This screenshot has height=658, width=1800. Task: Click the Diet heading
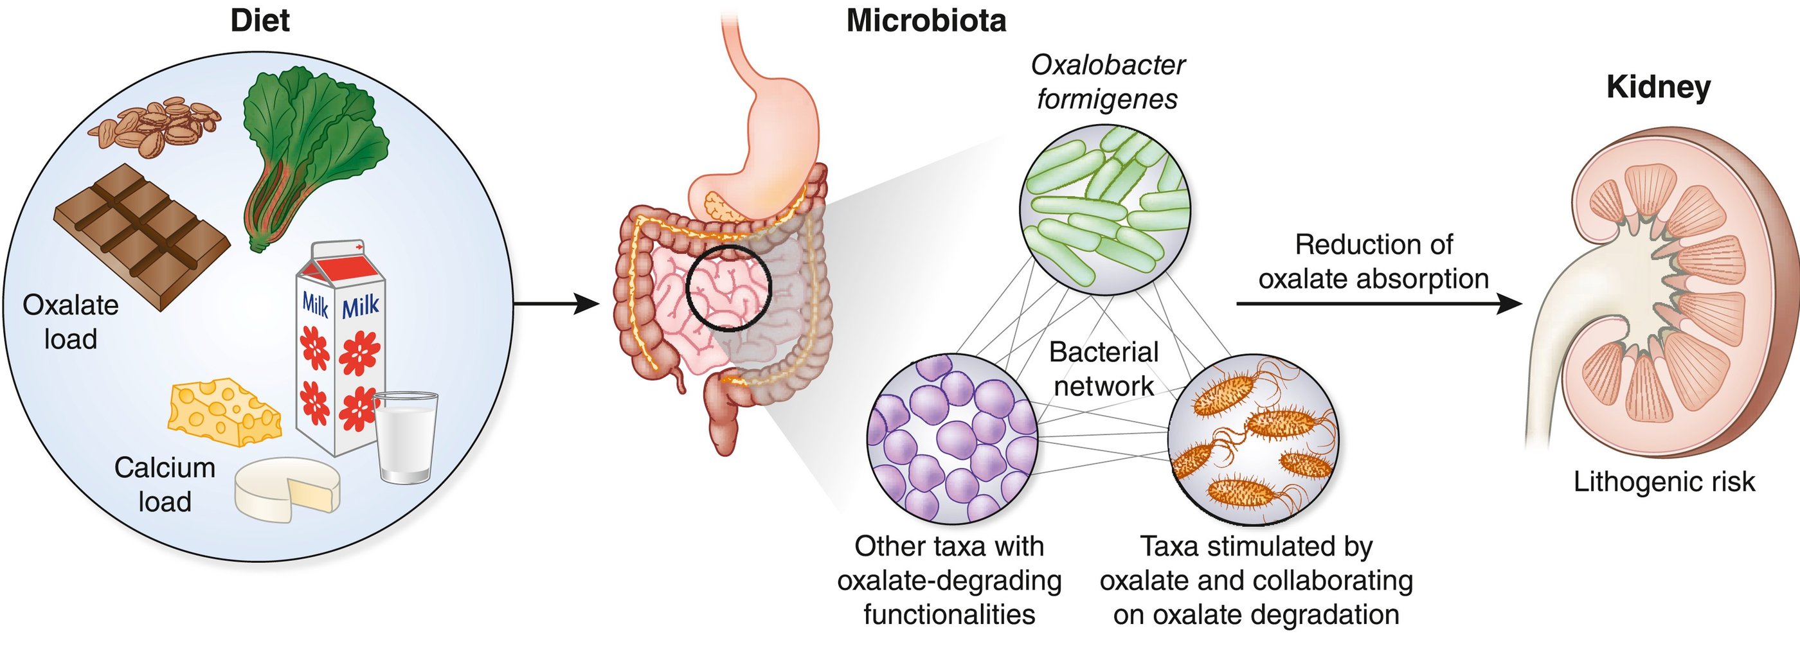pos(260,21)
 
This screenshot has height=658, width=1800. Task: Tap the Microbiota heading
pos(926,21)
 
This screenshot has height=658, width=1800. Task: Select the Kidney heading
pos(1658,88)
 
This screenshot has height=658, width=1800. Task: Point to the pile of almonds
pos(155,126)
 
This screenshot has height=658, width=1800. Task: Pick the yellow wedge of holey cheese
pos(223,412)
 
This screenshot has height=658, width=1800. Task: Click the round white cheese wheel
pos(287,490)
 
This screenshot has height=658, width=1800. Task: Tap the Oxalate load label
pos(71,322)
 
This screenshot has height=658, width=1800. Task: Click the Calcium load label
pos(165,484)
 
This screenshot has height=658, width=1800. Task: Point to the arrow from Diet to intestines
pos(556,304)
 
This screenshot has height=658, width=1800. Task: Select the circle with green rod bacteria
pos(1104,209)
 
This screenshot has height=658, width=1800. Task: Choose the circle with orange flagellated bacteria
pos(1252,440)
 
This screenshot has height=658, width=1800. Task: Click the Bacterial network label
pos(1103,369)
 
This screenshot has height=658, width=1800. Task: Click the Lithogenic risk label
pos(1664,482)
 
